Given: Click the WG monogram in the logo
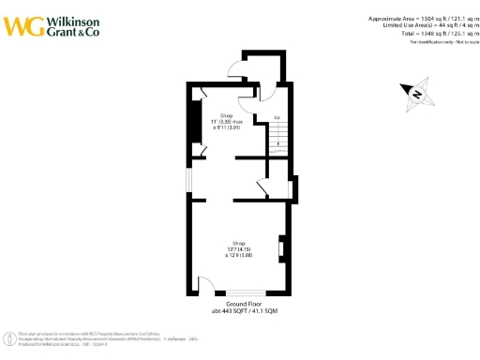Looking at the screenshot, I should coord(22,26).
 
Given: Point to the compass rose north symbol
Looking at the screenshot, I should coord(413,92).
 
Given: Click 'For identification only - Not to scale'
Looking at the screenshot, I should coord(439,42).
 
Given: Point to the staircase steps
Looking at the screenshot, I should coord(277,140).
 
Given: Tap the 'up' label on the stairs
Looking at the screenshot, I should coord(277,118).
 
